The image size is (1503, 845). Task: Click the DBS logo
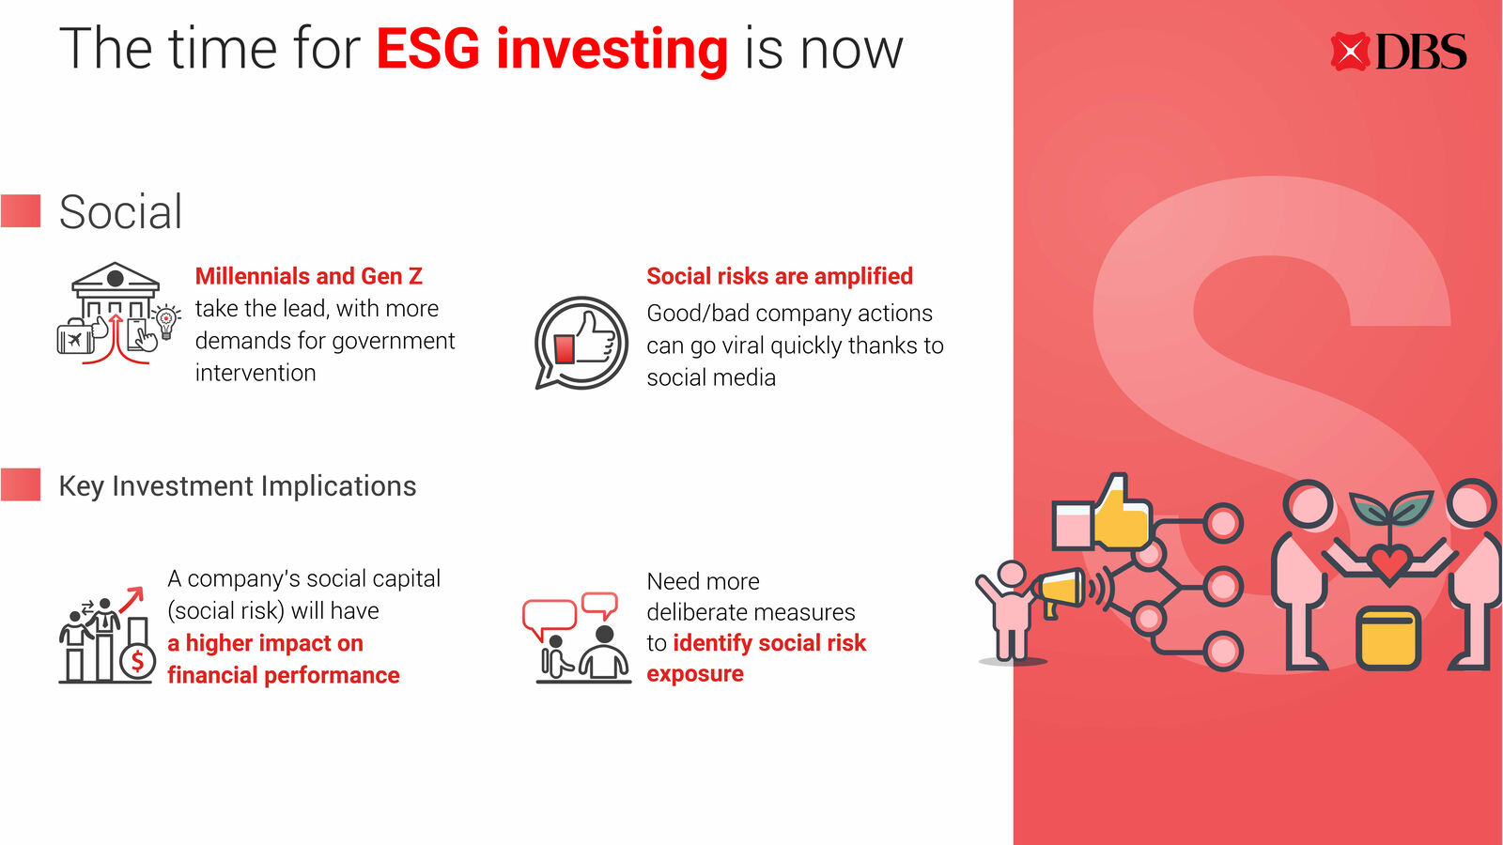click(1399, 52)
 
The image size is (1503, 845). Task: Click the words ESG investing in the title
click(551, 50)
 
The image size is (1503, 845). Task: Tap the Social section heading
click(120, 212)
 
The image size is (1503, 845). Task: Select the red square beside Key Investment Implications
click(21, 484)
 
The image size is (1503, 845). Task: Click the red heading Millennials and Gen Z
click(309, 276)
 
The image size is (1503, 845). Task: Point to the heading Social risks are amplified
click(780, 276)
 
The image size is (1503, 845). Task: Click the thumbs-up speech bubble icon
click(581, 343)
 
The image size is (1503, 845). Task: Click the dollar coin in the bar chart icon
click(137, 661)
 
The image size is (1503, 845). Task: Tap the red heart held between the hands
click(1389, 562)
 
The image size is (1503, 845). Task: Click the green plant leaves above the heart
click(1390, 507)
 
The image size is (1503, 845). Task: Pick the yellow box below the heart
click(1388, 638)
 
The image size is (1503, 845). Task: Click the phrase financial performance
click(283, 675)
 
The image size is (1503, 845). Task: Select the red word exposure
click(695, 674)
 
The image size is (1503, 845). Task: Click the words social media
click(711, 377)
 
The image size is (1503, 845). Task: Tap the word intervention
click(256, 373)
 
